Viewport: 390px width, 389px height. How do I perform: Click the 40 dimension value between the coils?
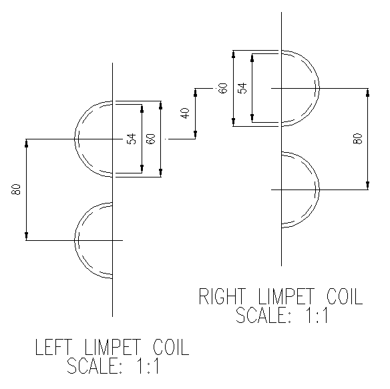[x=186, y=113]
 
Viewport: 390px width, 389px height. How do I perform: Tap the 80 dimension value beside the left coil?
[x=16, y=189]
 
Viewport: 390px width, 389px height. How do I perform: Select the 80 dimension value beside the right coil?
[x=358, y=139]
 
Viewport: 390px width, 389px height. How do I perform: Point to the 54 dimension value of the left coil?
[x=132, y=139]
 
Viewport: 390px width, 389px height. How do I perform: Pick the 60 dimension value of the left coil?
[x=151, y=139]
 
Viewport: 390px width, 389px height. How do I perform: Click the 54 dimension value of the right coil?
[x=242, y=88]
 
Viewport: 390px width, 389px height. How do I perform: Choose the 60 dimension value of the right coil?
[x=223, y=88]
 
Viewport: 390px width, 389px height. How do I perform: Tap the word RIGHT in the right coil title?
[x=222, y=296]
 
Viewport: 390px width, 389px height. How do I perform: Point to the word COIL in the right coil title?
[x=345, y=296]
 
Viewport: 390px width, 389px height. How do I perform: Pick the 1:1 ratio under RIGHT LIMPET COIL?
[x=317, y=315]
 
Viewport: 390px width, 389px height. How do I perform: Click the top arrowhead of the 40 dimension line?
[x=195, y=93]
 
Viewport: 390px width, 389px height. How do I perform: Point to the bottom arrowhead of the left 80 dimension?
[x=26, y=236]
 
